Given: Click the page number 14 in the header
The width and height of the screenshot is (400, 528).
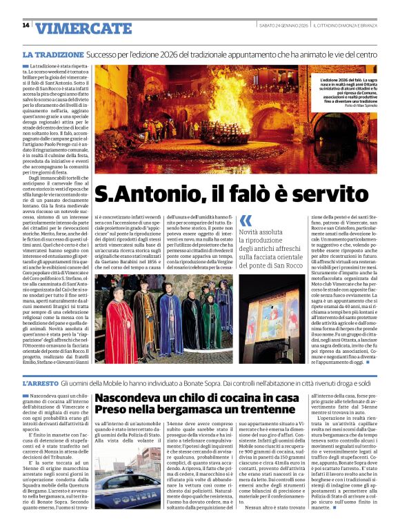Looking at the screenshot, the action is [26, 26].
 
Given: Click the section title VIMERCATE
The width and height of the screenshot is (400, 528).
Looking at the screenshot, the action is [83, 28].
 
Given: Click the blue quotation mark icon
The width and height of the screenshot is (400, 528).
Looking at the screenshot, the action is [246, 221].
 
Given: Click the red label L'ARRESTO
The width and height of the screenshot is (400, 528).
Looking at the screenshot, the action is [41, 382].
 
